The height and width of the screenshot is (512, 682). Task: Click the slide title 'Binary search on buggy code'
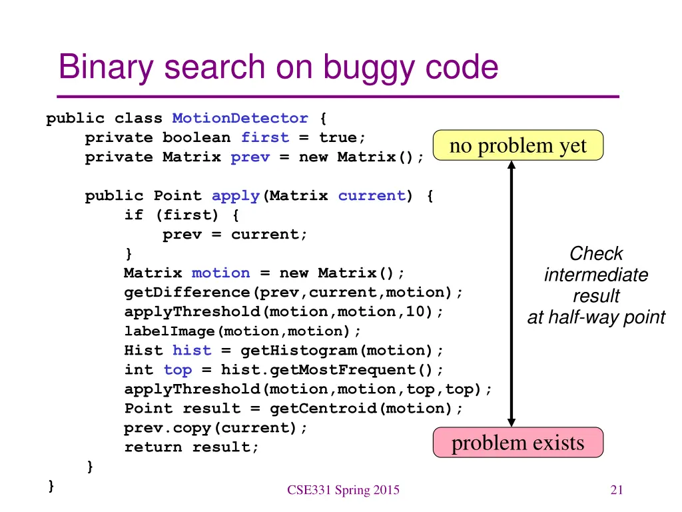click(278, 67)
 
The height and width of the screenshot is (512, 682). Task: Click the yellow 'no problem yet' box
click(517, 145)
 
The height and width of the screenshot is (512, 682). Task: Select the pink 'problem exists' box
click(517, 443)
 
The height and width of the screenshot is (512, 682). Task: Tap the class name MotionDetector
click(240, 119)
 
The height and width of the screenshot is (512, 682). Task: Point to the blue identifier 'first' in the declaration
click(265, 138)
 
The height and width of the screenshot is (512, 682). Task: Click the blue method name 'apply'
click(236, 196)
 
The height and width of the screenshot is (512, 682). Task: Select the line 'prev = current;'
click(235, 235)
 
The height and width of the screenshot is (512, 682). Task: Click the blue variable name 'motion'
click(220, 273)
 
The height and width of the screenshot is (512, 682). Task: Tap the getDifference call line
click(294, 293)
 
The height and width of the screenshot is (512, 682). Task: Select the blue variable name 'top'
click(177, 370)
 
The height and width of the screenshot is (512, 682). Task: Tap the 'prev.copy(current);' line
click(216, 428)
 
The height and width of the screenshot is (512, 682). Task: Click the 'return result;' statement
click(192, 447)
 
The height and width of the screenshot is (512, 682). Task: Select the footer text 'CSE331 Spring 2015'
click(343, 491)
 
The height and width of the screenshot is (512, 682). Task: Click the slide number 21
click(616, 491)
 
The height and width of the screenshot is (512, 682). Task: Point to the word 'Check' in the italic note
click(596, 254)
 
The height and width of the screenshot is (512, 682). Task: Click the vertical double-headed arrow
click(511, 293)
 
